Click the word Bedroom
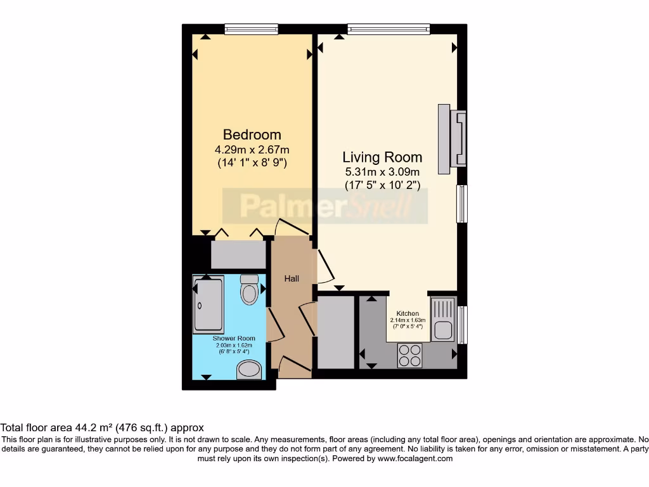click(x=252, y=135)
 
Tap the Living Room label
click(x=382, y=157)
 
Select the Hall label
click(x=292, y=278)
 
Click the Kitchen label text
click(x=408, y=314)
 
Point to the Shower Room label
click(x=234, y=339)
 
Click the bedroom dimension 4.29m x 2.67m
click(x=252, y=150)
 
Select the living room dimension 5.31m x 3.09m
click(x=382, y=172)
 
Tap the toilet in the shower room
click(x=250, y=291)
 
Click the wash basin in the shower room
click(x=249, y=370)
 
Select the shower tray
click(x=209, y=305)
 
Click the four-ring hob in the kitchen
click(x=409, y=355)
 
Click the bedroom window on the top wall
click(x=251, y=29)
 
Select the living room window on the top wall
click(x=388, y=29)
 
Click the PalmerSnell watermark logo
click(x=325, y=206)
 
